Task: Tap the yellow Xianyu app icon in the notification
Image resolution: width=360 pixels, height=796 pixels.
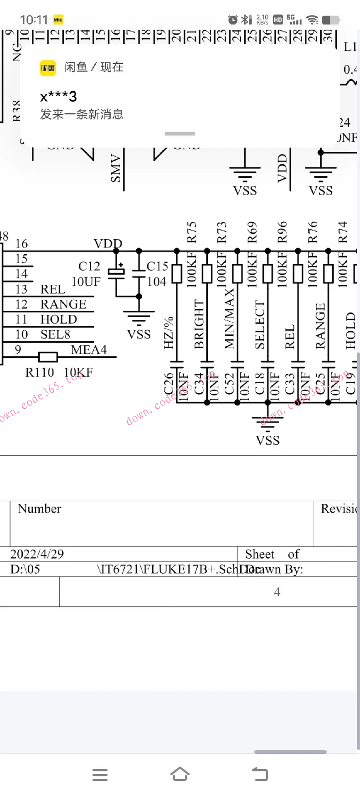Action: click(48, 68)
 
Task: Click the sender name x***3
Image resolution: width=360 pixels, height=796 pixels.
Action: click(58, 97)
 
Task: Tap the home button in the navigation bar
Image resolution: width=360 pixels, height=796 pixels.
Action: click(180, 774)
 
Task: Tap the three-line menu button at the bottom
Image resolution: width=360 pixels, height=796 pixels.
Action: click(100, 775)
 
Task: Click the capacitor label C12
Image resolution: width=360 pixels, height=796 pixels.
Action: click(89, 266)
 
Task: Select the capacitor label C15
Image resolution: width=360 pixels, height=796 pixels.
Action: click(157, 266)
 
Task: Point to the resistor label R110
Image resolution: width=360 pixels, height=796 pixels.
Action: click(40, 373)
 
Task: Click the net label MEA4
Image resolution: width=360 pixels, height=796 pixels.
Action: click(88, 350)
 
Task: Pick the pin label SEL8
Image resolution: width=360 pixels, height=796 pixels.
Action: click(55, 334)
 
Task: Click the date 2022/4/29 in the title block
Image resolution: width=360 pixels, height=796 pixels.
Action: click(37, 554)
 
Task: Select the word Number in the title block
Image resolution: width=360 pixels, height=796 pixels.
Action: click(39, 509)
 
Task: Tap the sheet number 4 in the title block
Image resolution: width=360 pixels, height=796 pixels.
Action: click(277, 592)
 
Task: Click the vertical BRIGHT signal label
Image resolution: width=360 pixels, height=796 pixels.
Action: click(199, 324)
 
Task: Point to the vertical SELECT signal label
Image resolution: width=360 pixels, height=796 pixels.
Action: click(260, 325)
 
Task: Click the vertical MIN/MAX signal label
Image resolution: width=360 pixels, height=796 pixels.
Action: click(229, 318)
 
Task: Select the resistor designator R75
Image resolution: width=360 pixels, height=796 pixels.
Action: click(191, 232)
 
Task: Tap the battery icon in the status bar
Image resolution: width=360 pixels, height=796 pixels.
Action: click(330, 20)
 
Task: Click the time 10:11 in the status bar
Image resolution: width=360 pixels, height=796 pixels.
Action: click(34, 20)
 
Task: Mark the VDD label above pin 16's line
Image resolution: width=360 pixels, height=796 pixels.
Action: click(108, 244)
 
